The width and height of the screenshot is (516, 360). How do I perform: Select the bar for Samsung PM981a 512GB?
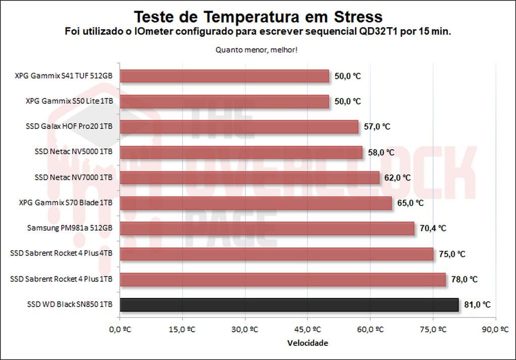[x=267, y=228]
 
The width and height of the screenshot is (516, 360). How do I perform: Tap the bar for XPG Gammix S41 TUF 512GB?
[x=224, y=76]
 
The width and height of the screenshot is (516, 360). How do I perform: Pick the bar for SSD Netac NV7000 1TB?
[x=249, y=178]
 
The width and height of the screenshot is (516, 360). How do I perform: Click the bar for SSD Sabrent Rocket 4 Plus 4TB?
[x=276, y=254]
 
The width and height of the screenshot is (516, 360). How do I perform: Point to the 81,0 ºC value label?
[x=477, y=305]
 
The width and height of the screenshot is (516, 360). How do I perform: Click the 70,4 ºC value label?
[x=433, y=228]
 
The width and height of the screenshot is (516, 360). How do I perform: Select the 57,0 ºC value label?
[x=377, y=127]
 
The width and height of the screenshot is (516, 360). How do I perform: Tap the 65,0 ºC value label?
[x=410, y=203]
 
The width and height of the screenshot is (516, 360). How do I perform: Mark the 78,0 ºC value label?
[x=464, y=279]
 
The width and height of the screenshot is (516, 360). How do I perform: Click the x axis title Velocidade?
[x=307, y=343]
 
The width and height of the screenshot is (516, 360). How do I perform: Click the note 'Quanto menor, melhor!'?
[x=258, y=50]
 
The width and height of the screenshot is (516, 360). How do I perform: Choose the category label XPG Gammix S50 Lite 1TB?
[x=70, y=101]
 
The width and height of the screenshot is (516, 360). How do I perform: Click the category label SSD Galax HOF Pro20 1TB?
[x=70, y=127]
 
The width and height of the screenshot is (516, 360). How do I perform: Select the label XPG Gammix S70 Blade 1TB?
[x=66, y=203]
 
